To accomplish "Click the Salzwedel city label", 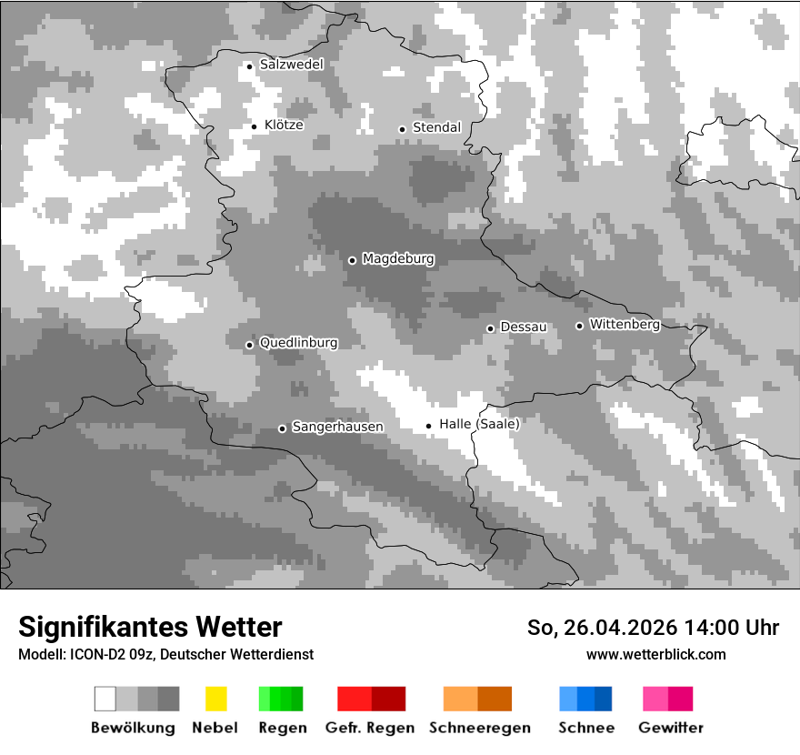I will coord(291,65).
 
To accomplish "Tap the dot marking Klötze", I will coord(255,126).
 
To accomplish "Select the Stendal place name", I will coord(436,127).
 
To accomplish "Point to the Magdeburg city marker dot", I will coord(352,260).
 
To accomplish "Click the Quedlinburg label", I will coord(298,343).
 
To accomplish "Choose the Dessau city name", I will coord(523,327).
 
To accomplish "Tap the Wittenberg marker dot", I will coord(579,326).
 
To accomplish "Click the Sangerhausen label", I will coord(337,427).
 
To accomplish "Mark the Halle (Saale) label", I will coord(479,424).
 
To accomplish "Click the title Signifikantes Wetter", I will coord(150,627).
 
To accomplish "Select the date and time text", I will coord(653,628).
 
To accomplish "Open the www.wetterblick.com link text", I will coord(655,654).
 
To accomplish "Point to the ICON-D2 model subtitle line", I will coord(165,654).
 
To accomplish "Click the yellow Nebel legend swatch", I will coord(215,699).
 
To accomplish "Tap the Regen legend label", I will coord(282,728).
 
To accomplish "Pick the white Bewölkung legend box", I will coord(105,699).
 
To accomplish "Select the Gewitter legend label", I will coord(670,728).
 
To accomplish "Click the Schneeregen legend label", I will coord(479,728).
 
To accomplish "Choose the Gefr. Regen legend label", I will coord(369,728).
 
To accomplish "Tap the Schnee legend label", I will coord(585,728).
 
